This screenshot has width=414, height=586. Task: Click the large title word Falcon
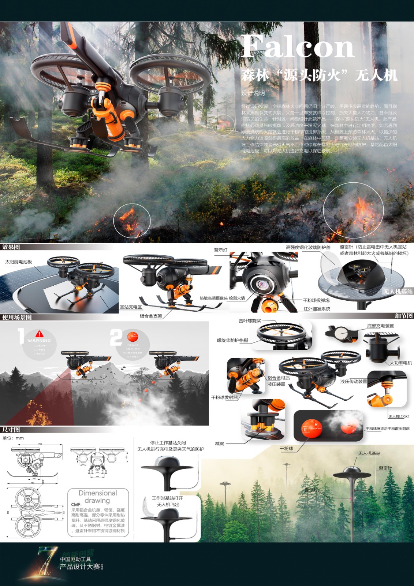tap(297, 47)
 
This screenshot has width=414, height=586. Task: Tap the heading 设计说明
tap(253, 93)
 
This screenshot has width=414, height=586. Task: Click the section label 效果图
tap(11, 247)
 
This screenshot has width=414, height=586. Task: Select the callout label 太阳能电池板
tap(19, 262)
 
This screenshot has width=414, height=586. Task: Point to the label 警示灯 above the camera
tap(220, 250)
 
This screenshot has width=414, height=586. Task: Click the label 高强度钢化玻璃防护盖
tap(308, 248)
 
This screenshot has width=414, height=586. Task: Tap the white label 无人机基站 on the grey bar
tap(398, 292)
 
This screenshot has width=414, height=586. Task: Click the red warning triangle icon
tap(40, 334)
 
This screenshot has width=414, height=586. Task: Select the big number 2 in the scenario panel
tap(116, 337)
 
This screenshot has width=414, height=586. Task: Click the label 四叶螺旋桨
tap(250, 321)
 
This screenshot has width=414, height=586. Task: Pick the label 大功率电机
tap(400, 363)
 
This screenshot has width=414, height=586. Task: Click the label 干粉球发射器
tap(224, 397)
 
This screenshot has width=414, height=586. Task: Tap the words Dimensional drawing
tap(98, 497)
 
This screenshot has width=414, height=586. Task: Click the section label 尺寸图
tap(11, 430)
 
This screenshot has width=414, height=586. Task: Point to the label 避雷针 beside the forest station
tap(385, 468)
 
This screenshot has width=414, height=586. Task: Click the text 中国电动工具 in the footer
tap(75, 559)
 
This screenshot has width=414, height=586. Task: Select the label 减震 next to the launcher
tap(219, 444)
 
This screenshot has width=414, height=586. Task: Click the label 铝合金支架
tap(151, 316)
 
